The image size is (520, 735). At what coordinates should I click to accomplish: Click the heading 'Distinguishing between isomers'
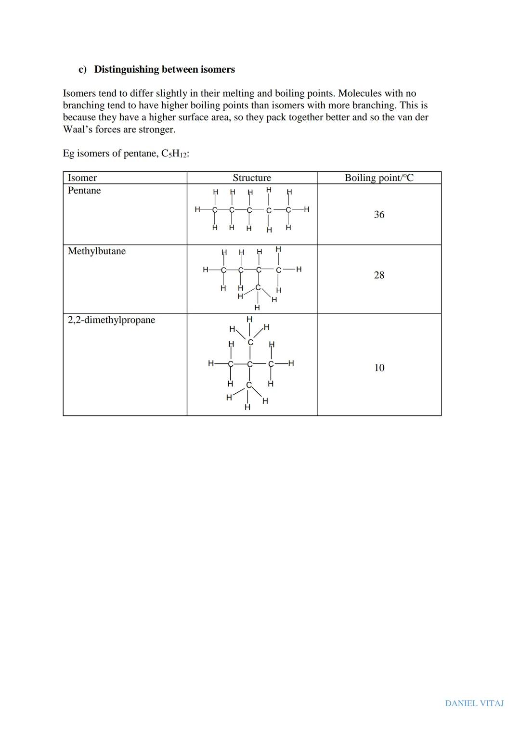164,69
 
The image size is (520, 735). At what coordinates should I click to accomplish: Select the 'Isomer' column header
82,178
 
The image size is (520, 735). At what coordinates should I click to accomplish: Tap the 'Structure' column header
252,178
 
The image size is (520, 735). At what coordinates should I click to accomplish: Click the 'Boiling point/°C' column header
379,178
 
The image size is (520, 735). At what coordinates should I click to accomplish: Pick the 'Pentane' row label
84,191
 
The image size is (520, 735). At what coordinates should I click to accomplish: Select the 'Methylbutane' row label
97,251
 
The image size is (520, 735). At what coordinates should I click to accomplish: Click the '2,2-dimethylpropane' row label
111,320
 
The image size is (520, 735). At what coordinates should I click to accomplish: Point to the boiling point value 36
379,215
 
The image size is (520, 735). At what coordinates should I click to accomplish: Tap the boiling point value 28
379,275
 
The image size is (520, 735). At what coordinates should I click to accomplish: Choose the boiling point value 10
379,368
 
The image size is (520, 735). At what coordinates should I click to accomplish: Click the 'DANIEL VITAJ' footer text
474,703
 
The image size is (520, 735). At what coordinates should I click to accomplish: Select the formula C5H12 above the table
175,154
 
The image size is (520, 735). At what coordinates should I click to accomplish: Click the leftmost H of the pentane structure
197,209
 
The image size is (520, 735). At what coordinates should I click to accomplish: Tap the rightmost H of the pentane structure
307,209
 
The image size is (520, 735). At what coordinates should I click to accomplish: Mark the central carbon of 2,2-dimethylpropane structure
249,364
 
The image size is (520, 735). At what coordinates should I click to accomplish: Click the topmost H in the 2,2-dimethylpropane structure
249,319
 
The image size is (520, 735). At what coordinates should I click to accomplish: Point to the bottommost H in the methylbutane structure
257,308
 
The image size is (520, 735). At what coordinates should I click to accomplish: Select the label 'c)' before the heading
83,69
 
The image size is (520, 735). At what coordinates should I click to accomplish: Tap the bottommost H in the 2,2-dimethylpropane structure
247,408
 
